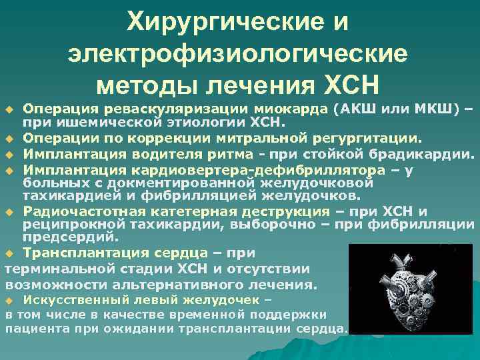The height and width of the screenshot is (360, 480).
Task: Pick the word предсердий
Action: (71, 236)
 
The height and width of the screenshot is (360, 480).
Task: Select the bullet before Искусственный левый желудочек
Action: (9, 301)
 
